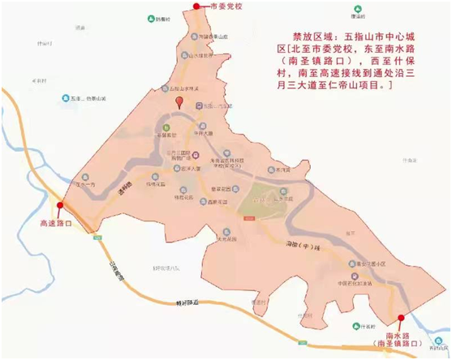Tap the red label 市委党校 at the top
[x=226, y=7]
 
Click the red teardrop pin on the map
[x=179, y=103]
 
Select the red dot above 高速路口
[x=59, y=206]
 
